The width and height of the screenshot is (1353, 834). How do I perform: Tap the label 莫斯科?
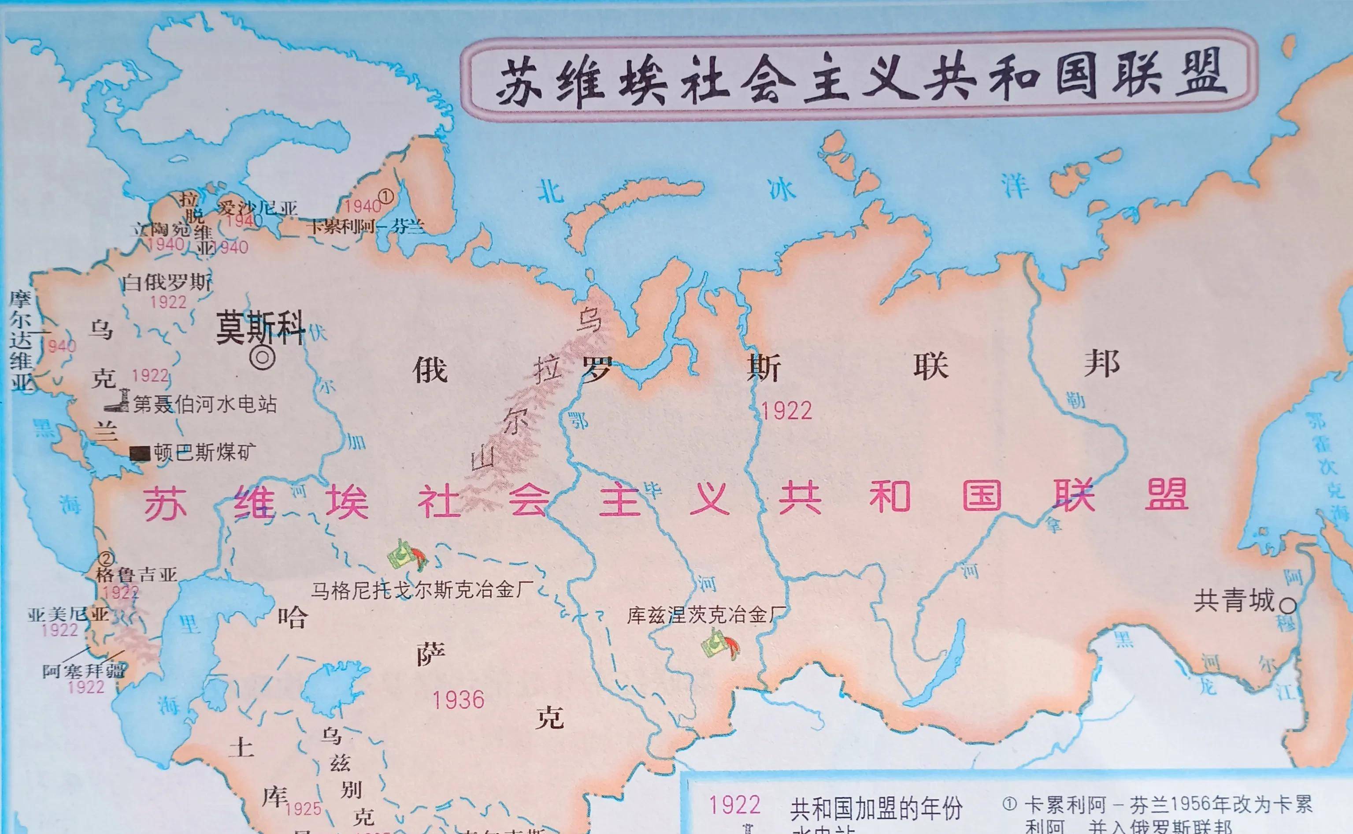[260, 327]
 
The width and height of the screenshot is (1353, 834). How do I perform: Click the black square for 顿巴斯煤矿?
[140, 454]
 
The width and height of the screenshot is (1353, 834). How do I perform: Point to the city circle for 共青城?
[1288, 606]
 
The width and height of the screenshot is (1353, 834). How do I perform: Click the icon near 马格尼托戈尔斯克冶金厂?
[408, 555]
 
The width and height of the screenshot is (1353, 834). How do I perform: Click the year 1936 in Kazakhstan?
[458, 700]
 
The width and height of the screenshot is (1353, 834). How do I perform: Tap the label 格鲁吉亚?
[137, 575]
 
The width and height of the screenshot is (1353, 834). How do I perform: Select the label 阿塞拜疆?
[84, 671]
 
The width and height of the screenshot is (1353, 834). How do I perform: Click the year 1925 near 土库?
[304, 808]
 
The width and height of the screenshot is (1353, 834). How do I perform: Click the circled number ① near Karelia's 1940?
[386, 196]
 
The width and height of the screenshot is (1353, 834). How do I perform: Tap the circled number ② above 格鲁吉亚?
[106, 558]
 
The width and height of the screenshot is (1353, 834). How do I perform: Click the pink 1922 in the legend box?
[734, 805]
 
